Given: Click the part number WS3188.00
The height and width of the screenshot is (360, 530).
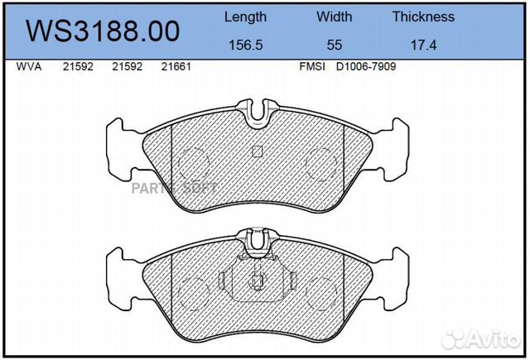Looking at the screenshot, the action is [x=103, y=31].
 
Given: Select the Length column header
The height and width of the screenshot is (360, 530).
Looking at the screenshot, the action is [x=245, y=17].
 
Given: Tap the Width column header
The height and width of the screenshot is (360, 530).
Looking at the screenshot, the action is [x=334, y=17].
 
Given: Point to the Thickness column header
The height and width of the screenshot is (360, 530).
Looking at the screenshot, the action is [x=423, y=17].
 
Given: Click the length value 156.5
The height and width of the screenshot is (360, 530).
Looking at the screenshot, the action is [x=246, y=45].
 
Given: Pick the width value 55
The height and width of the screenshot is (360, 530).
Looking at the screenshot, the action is [x=335, y=45].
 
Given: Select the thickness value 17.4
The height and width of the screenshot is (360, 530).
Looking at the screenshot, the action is [x=423, y=45].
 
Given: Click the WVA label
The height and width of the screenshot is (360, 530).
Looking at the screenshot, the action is [x=29, y=66].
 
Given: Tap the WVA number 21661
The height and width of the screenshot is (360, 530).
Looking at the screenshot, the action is [x=176, y=66].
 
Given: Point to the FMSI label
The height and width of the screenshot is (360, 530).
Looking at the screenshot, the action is [x=312, y=66].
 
